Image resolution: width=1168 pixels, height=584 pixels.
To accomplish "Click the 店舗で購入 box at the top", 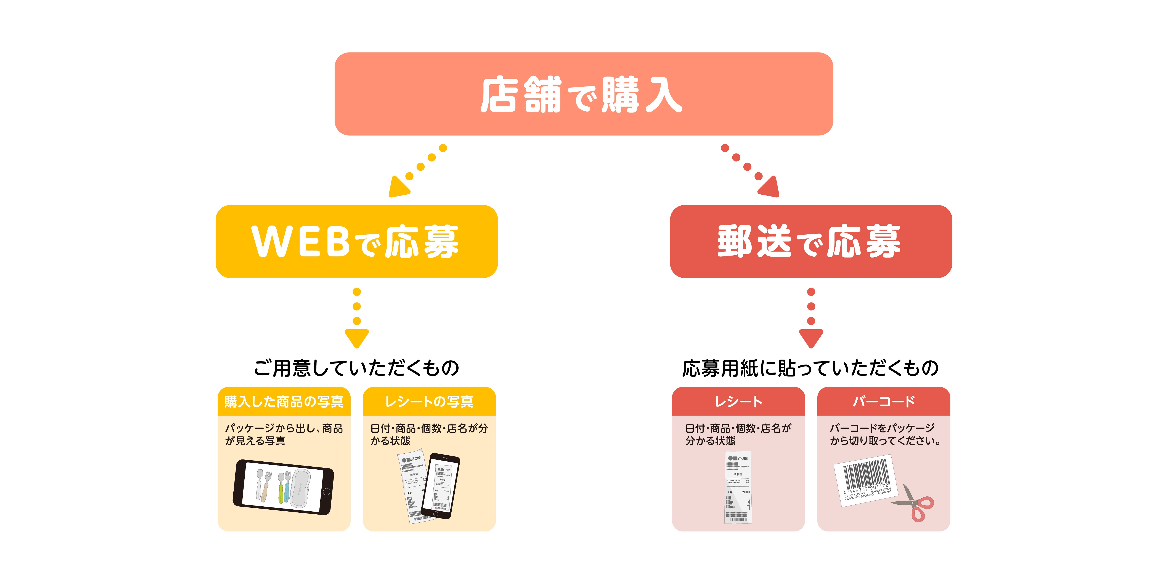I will coord(584,94).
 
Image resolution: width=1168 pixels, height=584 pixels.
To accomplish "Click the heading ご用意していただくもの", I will coord(356,368).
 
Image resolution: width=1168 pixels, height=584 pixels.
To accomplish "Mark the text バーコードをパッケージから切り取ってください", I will coord(885,434).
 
